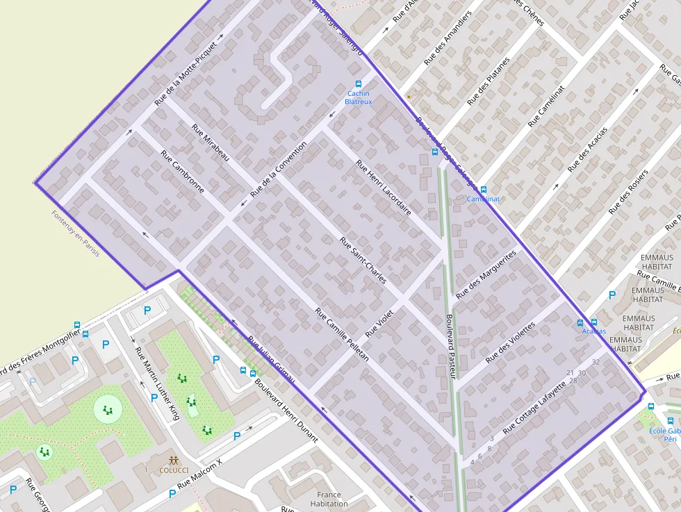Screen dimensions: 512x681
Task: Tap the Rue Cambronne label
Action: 182,172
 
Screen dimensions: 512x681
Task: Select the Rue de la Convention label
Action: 278,170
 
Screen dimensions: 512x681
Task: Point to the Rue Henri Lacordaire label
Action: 384,187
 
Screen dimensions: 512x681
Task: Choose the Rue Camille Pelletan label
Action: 341,333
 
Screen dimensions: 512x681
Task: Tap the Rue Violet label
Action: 379,323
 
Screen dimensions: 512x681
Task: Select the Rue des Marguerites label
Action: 486,276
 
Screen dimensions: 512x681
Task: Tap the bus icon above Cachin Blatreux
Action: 358,84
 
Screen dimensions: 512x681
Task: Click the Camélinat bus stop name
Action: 483,199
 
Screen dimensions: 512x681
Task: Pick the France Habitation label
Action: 329,499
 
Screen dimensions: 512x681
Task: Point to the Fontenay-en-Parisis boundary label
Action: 76,233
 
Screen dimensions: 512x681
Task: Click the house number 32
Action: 596,362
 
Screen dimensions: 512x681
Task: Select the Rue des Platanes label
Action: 488,81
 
